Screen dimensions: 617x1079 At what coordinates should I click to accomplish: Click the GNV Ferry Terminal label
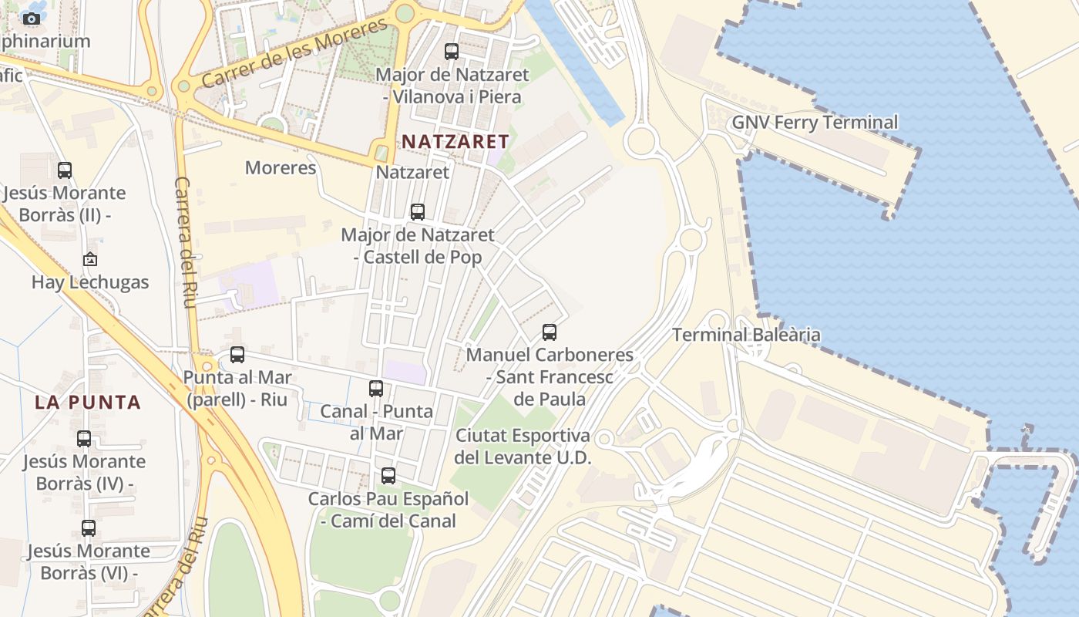tap(815, 123)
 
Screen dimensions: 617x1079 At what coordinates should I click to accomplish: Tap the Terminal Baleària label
tap(746, 335)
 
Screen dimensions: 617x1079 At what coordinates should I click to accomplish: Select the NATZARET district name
tap(455, 142)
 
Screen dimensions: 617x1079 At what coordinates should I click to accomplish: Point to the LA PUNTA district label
tap(88, 403)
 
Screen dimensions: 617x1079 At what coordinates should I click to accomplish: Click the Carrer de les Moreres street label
tap(296, 53)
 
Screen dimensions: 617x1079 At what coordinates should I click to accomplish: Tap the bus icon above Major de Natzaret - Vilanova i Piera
tap(452, 52)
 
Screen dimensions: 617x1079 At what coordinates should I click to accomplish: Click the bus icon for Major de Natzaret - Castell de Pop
tap(418, 211)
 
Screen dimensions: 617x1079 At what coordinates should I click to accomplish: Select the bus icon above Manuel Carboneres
tap(550, 332)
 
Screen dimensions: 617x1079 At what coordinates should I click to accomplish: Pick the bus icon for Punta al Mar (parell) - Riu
tap(237, 355)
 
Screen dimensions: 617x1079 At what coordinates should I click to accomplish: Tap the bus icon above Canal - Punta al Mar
tap(376, 389)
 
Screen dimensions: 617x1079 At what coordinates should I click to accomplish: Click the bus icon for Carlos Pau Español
tap(388, 476)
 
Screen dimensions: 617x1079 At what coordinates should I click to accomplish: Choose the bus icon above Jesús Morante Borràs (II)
tap(65, 170)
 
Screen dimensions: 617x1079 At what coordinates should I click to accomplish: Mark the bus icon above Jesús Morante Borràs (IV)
tap(84, 439)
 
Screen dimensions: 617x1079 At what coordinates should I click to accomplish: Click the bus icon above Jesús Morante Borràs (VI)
tap(89, 528)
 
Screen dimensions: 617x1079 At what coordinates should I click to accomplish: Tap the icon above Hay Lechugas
tap(90, 259)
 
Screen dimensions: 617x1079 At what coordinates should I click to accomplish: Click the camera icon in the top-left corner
tap(32, 18)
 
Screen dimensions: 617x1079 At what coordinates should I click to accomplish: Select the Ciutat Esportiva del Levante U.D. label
tap(523, 447)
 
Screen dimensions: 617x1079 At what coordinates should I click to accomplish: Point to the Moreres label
tap(281, 168)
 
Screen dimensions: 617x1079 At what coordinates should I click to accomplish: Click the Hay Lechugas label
tap(90, 282)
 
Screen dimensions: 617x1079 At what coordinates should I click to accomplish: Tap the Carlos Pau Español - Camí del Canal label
tap(388, 510)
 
